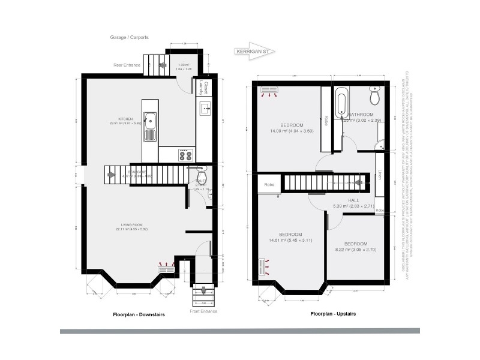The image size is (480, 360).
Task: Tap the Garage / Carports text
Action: [128, 37]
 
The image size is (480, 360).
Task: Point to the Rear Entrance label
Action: [127, 65]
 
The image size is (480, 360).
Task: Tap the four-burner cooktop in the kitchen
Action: [183, 154]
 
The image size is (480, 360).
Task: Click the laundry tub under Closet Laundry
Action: [205, 109]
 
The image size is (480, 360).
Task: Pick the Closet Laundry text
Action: [205, 88]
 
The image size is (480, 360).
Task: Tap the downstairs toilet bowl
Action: [202, 170]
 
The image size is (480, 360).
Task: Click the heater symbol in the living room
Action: [166, 269]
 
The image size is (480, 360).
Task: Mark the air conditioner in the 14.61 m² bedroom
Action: [262, 266]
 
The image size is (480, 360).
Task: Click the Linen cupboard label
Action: [380, 176]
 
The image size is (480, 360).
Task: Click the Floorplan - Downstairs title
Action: [139, 314]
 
